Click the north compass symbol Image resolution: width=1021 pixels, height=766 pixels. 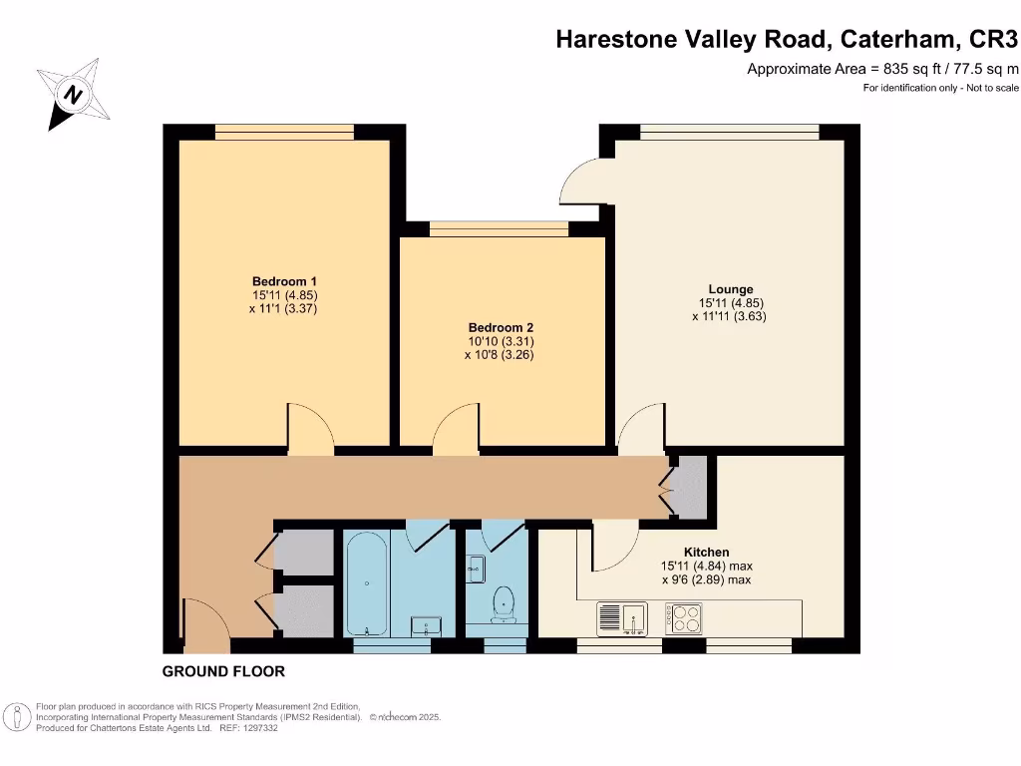[73, 95]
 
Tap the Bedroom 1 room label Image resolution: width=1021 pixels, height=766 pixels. [277, 281]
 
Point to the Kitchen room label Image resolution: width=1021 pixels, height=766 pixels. [706, 552]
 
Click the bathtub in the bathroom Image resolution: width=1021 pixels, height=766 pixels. [366, 583]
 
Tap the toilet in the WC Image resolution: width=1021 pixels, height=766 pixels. [504, 601]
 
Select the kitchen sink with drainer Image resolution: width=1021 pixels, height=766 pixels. [622, 618]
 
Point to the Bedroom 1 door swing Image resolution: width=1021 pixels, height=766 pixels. [309, 426]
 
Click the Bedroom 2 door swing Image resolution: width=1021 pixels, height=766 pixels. [455, 426]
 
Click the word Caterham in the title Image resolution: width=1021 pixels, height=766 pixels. [892, 39]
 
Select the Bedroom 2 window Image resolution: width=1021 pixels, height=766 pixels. [499, 229]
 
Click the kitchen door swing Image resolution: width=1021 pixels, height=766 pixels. [613, 544]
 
